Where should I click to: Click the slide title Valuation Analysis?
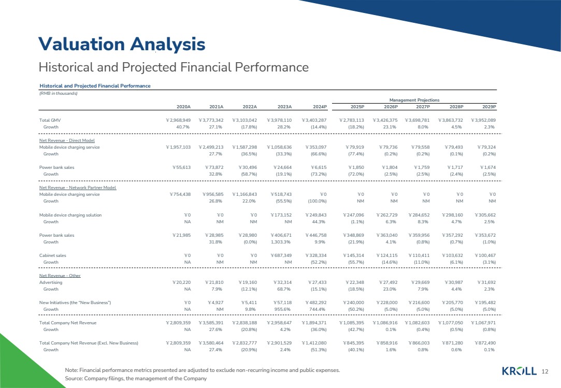pos(122,44)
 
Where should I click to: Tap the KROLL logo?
pos(519,370)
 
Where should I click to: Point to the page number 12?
pos(544,371)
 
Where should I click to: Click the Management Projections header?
pos(414,99)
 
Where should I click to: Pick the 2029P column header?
pos(488,107)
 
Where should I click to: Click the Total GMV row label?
pos(51,120)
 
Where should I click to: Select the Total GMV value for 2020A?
pos(178,120)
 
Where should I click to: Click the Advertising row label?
pos(51,282)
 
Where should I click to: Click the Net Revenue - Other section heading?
pos(60,276)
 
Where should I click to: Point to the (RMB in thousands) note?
pos(59,93)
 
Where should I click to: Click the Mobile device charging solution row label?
pos(70,215)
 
